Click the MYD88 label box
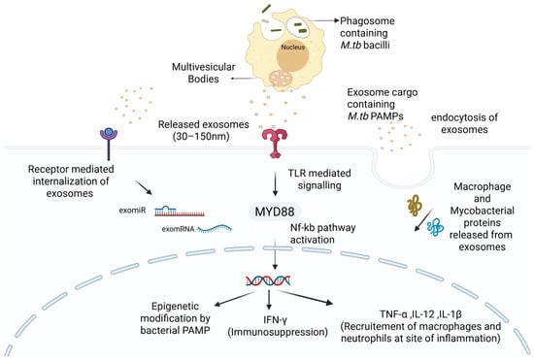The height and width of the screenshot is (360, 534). (x=275, y=212)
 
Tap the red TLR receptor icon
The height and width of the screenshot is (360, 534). (x=275, y=144)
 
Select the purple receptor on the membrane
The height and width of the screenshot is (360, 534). (x=109, y=143)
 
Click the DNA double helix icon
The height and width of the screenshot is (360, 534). (x=268, y=280)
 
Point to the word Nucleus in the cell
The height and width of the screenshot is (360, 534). (x=292, y=48)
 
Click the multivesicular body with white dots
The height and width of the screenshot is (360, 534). (x=281, y=79)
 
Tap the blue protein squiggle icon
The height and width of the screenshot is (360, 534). (x=436, y=228)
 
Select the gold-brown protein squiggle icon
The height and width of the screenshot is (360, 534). (x=415, y=206)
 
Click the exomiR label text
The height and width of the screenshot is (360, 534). (x=132, y=211)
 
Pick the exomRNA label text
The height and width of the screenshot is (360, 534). (x=178, y=229)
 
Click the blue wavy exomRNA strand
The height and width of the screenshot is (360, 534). (x=215, y=228)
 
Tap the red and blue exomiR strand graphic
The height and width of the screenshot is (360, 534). (x=180, y=212)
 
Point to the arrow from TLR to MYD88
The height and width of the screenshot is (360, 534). (x=275, y=183)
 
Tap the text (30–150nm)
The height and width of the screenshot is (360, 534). (x=201, y=137)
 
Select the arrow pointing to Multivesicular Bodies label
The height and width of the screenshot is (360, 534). (x=243, y=79)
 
